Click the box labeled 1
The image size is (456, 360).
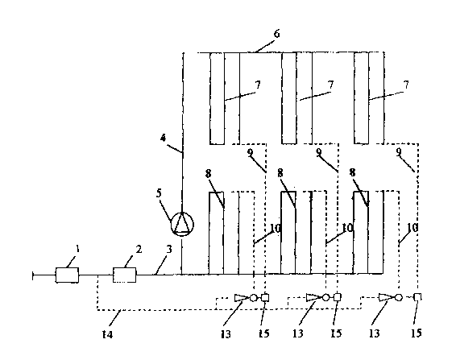tap(67, 275)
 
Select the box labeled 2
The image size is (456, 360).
tap(124, 275)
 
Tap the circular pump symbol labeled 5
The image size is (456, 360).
tap(182, 224)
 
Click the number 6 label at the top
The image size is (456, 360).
tap(276, 34)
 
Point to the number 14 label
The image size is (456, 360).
tap(107, 334)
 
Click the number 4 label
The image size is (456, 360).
tap(164, 138)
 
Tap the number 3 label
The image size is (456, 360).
tap(168, 249)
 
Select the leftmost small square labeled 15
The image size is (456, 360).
tap(265, 297)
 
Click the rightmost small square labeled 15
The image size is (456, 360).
tap(417, 297)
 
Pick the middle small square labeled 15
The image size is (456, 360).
tap(337, 297)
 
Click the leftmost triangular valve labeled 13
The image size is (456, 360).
tap(242, 298)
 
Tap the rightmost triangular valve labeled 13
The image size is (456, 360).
tap(386, 297)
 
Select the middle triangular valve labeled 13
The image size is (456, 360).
tap(313, 297)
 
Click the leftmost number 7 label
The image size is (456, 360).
tap(258, 85)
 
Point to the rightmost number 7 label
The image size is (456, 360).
tap(406, 85)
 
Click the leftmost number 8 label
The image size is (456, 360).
tap(208, 174)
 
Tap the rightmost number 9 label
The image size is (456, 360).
tap(399, 151)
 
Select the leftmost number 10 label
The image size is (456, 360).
tap(276, 229)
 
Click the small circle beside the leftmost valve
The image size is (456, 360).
tap(254, 298)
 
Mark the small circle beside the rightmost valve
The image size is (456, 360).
tap(398, 297)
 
